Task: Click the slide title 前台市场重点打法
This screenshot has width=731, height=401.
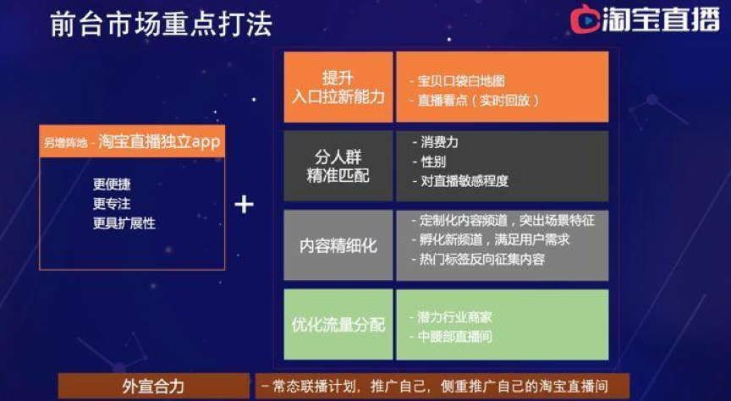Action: pos(161,23)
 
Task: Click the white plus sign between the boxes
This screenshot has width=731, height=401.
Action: pos(244,204)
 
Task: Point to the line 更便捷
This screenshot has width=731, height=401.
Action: pos(113,184)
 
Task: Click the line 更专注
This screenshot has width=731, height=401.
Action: pos(113,204)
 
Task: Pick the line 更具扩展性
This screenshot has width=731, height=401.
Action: pos(124,223)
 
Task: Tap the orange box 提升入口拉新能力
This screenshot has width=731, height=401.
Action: pos(338,87)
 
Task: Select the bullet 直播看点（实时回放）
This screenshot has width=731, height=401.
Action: pos(478,99)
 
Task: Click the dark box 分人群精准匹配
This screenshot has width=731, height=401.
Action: pos(338,166)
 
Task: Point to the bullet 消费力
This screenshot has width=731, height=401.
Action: pos(439,142)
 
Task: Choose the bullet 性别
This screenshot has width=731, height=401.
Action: pos(433,161)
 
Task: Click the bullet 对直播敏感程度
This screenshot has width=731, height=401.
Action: pos(464,180)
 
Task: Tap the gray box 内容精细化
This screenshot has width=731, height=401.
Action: pos(338,245)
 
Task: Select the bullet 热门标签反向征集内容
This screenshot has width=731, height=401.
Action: pos(482,259)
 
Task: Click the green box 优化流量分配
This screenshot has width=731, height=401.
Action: pos(338,325)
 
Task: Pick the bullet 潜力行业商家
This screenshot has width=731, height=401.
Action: pos(454,316)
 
